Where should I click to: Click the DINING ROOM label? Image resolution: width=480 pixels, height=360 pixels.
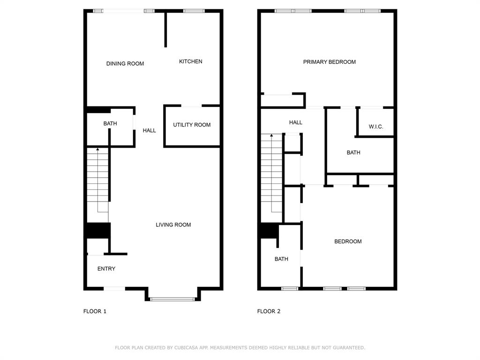[x=125, y=64]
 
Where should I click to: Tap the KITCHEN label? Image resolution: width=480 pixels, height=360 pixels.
[x=191, y=61]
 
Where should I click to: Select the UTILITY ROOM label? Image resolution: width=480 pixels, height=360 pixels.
[x=192, y=125]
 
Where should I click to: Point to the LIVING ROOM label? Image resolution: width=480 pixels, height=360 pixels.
[x=173, y=225]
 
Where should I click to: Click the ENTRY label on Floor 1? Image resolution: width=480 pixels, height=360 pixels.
[x=106, y=269]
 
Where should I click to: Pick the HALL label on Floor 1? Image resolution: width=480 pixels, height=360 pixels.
[x=149, y=130]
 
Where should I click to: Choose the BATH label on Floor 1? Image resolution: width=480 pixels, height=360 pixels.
[x=110, y=124]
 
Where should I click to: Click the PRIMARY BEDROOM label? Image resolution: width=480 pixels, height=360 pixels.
[x=329, y=62]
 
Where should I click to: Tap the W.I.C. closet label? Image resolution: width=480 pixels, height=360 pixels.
[x=376, y=127]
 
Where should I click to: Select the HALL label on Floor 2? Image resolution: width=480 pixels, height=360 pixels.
[x=295, y=122]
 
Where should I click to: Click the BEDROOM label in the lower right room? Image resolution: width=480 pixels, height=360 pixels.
[x=348, y=241]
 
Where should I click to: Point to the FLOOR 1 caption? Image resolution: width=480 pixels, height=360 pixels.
[x=95, y=311]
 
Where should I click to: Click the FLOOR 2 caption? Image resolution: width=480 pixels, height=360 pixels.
[x=269, y=311]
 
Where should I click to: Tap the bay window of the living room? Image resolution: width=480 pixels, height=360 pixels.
[x=172, y=299]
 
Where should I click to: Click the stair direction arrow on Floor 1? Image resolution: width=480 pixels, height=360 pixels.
[x=97, y=150]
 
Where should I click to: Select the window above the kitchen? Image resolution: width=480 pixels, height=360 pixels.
[x=194, y=11]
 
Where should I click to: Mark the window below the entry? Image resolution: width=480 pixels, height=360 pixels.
[x=114, y=288]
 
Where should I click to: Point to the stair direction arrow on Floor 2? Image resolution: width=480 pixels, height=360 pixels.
[x=271, y=136]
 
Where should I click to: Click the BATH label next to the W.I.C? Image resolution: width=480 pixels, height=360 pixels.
[x=353, y=152]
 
